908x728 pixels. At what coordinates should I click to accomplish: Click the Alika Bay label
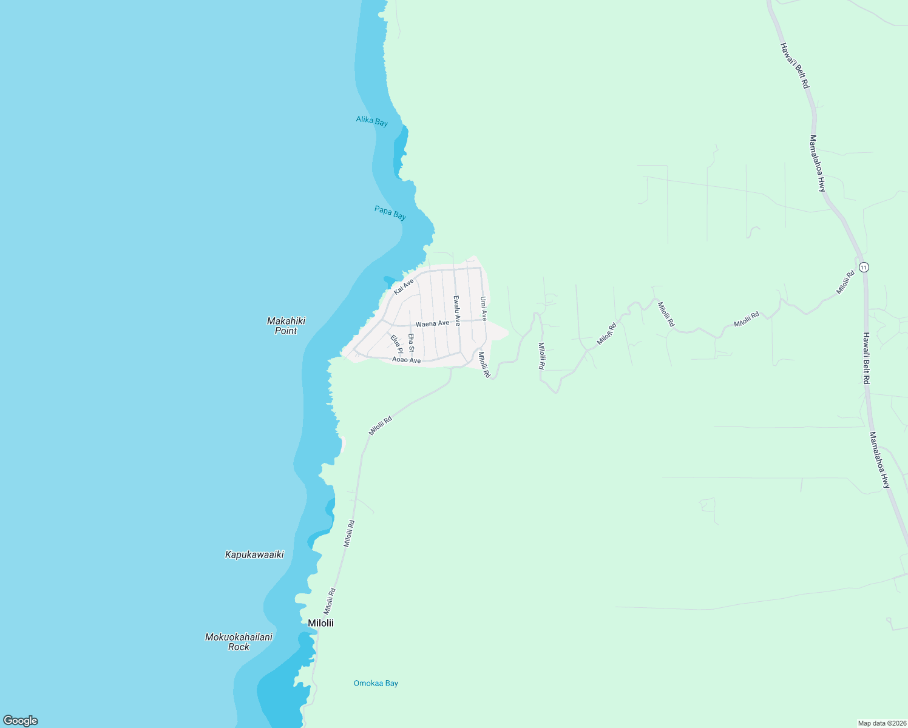pos(371,121)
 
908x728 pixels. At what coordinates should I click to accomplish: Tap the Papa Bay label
pos(390,213)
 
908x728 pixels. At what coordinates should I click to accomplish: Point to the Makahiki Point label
pos(286,326)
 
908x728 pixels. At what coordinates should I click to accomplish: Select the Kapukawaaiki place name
pos(254,554)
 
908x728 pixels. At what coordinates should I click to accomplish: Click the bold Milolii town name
pos(320,623)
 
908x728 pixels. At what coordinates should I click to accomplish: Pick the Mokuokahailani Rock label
pos(239,642)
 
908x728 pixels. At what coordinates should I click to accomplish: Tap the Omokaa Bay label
pos(376,683)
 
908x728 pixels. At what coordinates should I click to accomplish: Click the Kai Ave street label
pos(404,286)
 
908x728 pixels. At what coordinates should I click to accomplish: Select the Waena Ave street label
pos(432,323)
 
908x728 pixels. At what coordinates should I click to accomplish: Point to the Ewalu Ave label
pos(457,311)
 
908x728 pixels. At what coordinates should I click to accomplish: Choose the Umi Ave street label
pos(484,309)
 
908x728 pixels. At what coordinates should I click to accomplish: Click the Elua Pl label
pos(396,344)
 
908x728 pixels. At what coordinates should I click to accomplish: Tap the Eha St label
pos(411,343)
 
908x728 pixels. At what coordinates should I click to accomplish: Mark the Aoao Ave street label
pos(406,360)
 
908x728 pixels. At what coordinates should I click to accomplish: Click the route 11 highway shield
pos(864,267)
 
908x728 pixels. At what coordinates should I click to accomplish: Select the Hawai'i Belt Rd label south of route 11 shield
pos(867,358)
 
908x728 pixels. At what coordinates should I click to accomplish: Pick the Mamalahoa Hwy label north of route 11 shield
pos(818,163)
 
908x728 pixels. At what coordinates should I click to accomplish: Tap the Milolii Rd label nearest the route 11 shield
pos(845,283)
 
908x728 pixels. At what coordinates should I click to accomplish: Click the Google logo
pos(21,721)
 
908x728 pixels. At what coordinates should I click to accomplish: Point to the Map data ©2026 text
pos(881,723)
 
